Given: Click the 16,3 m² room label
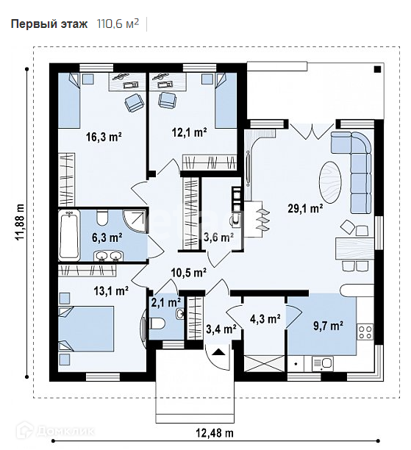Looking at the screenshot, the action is [104, 137].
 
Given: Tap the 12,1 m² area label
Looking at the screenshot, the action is [190, 132].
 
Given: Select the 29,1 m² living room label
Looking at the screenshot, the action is [305, 208].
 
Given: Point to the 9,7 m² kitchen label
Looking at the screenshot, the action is [328, 326].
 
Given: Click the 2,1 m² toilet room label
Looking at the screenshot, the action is [166, 302].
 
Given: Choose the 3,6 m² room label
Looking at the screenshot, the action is [218, 237].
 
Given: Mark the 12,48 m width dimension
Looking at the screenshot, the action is [215, 432].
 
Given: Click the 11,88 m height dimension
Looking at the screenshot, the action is [21, 222].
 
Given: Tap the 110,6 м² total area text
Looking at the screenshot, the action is [118, 24].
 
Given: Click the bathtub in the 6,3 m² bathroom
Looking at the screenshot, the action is [69, 235].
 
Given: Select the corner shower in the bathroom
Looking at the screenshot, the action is [135, 221].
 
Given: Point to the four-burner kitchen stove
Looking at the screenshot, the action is [365, 332].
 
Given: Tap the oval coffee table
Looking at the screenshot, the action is [330, 182].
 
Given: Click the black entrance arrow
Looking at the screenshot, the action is [219, 351].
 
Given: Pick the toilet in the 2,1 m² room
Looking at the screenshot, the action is [157, 324].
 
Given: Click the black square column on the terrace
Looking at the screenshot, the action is [377, 69].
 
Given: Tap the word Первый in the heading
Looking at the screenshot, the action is [31, 24].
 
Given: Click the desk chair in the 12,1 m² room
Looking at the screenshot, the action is [167, 101].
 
